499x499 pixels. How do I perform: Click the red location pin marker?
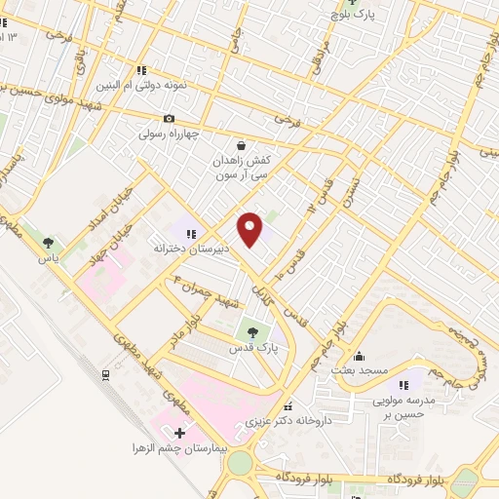pos(251,229)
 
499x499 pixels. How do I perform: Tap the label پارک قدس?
pos(254,347)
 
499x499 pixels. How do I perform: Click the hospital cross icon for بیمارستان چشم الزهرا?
pos(179,432)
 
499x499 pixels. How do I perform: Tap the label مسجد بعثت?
pos(360,370)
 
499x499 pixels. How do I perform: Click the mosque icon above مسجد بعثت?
pos(360,355)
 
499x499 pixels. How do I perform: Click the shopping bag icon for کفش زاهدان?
pos(240,145)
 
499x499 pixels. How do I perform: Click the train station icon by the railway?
pos(105,373)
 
